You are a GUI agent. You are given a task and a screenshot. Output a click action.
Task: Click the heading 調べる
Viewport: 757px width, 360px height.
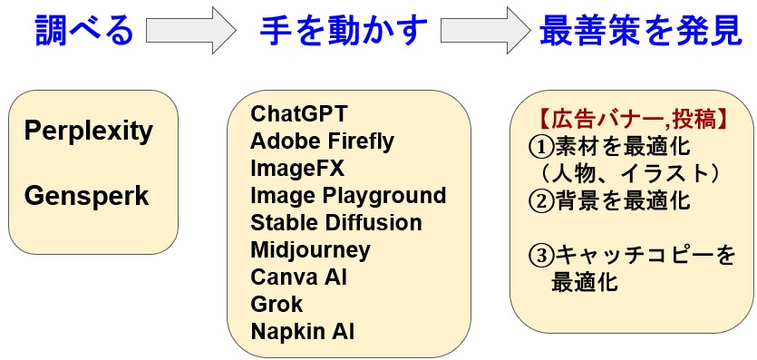click(84, 32)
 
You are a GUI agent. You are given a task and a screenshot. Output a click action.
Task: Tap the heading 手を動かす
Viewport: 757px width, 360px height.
click(343, 32)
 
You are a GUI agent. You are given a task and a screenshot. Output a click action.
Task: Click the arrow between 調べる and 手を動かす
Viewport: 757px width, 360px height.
click(190, 32)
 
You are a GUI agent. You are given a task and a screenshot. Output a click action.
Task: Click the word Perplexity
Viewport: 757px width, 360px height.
click(89, 131)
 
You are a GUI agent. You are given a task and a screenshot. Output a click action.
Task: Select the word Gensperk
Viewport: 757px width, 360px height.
click(86, 195)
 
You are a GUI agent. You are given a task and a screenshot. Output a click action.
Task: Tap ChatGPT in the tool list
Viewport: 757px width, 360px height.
click(299, 114)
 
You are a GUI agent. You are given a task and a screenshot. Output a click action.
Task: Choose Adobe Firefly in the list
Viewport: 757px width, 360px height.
click(323, 141)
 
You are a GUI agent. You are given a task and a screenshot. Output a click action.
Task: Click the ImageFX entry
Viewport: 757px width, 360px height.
click(298, 169)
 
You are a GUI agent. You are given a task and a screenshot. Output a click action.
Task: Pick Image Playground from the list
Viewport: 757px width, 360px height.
click(348, 196)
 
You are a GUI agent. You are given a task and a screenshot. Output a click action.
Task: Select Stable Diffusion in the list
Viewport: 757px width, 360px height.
click(336, 223)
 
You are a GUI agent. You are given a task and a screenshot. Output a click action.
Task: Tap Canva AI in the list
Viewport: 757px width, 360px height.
click(299, 277)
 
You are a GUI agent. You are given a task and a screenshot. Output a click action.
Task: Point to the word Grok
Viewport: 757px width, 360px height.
click(277, 304)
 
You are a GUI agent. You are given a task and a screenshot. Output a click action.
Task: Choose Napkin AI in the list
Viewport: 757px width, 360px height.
click(303, 331)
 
